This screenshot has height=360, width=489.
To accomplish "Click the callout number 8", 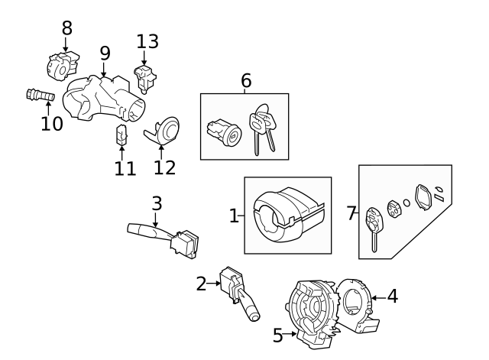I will click(x=66, y=28).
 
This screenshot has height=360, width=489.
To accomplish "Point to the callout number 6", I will click(x=245, y=80).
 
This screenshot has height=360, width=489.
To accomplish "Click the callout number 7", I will click(x=351, y=213).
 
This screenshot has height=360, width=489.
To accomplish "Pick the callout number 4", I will click(x=392, y=295).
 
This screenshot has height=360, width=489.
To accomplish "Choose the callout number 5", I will click(x=278, y=334).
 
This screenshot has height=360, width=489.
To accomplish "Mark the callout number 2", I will click(x=201, y=284).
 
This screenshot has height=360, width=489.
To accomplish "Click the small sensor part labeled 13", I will click(x=144, y=74).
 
